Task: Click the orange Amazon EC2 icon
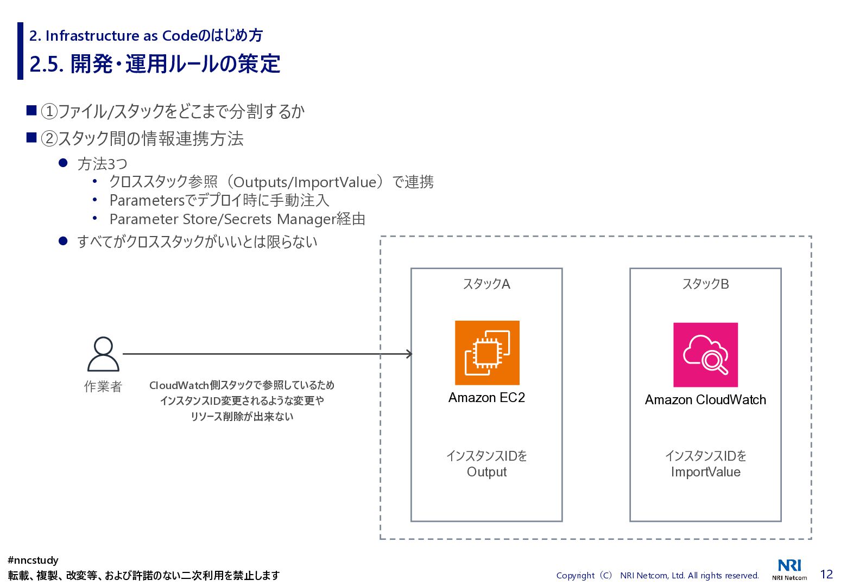coord(487,353)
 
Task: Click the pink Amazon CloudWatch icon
coord(705,355)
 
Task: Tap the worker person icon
coord(103,354)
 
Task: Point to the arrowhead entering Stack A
coord(409,354)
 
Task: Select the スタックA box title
coord(486,284)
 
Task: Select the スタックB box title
coord(705,284)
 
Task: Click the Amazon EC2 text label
coord(486,398)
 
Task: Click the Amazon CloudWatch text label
coord(705,400)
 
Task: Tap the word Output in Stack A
coord(486,472)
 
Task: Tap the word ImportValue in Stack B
coord(705,472)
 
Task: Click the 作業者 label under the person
coord(103,386)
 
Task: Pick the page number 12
coord(826,574)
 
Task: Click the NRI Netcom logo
coord(789,569)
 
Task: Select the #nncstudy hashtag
coord(33,560)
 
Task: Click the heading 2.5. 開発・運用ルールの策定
coord(155,64)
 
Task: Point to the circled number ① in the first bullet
coord(49,112)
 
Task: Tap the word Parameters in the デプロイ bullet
coord(147,201)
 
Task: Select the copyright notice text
coord(658,575)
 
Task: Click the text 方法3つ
coord(103,163)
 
